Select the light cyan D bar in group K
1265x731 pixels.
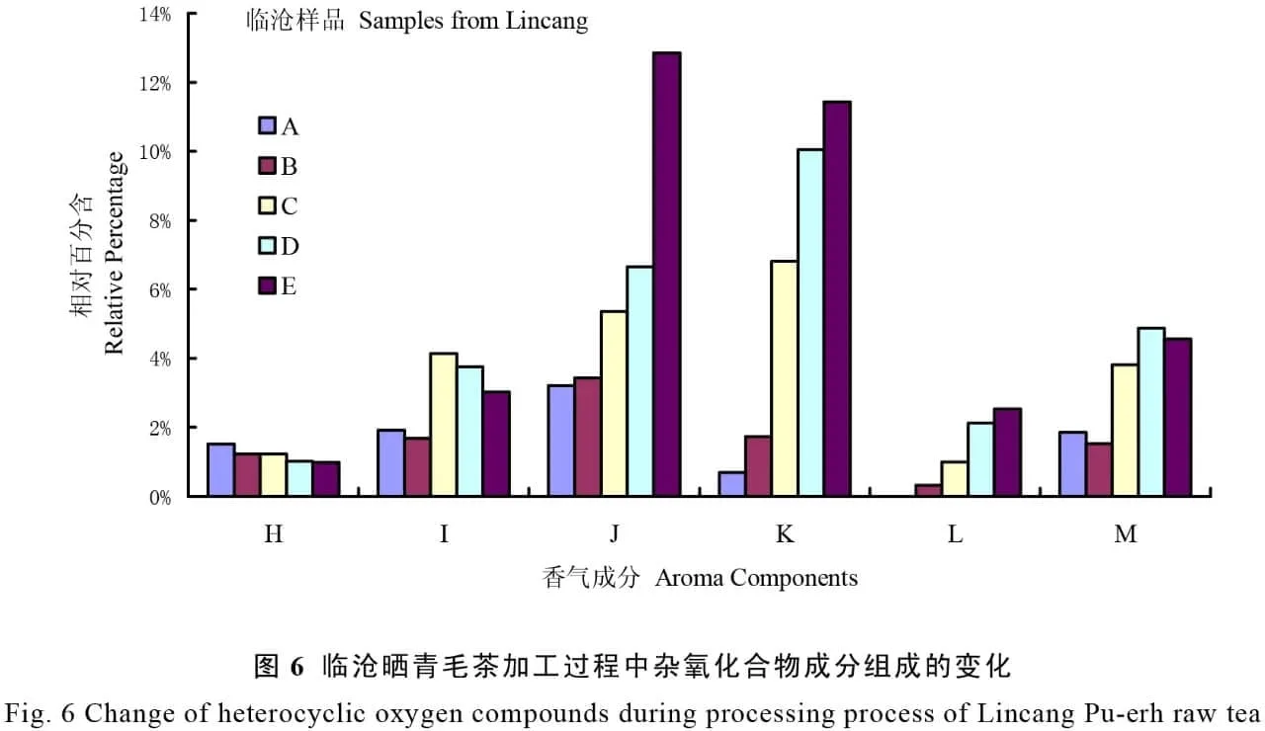810,322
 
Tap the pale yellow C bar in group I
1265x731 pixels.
444,424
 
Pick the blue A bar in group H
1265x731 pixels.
221,470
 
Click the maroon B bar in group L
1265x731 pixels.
928,490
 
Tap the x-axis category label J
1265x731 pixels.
615,534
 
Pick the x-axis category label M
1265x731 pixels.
1125,534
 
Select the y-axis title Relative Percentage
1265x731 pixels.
115,253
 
